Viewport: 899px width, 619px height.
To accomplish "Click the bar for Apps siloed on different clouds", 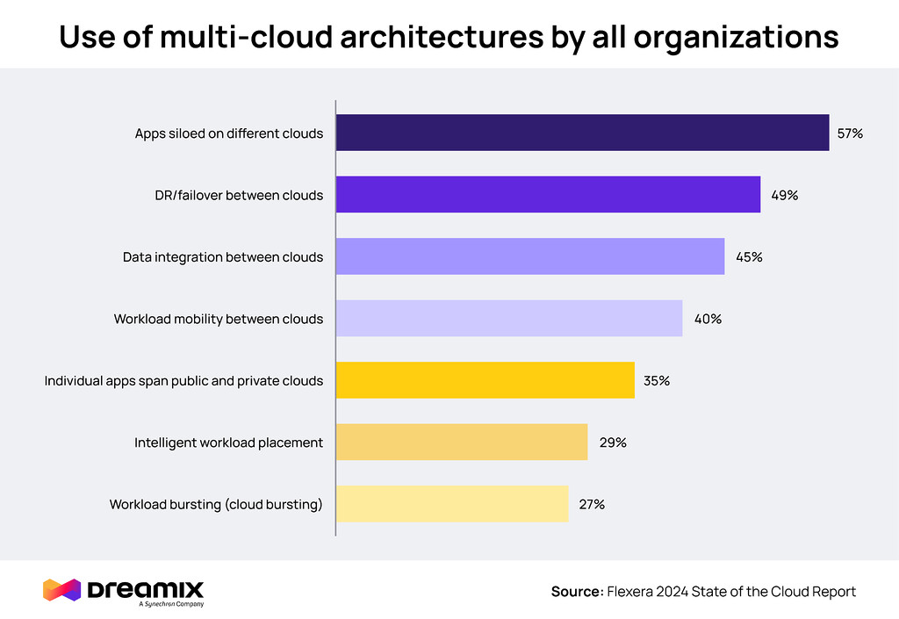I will click(x=582, y=133).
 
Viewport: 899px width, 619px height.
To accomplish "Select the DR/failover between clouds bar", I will click(x=548, y=195).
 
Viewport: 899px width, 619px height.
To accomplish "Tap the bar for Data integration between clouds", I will click(x=530, y=256).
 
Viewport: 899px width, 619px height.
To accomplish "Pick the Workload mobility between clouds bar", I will click(x=509, y=319).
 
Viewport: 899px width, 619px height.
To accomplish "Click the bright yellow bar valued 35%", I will click(x=485, y=380).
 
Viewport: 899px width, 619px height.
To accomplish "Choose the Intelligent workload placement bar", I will click(x=462, y=443).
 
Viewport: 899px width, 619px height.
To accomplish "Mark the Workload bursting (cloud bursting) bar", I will click(x=452, y=504).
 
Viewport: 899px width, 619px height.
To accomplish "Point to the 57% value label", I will click(x=851, y=133).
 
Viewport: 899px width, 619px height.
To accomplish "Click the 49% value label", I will click(x=784, y=195).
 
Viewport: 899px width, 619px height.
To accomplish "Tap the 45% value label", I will click(x=749, y=257).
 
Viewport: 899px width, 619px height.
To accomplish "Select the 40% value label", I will click(x=708, y=319).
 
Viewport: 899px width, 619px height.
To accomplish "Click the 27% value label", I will click(x=592, y=505).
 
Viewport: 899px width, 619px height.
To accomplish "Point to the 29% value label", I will click(x=613, y=443).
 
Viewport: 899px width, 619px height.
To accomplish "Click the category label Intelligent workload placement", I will click(x=228, y=443).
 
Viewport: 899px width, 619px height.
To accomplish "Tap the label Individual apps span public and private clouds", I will click(x=183, y=381).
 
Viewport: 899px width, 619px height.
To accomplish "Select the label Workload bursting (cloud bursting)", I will click(x=216, y=505).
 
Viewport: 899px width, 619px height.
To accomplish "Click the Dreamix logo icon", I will click(x=61, y=590).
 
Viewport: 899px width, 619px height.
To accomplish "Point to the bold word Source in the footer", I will click(x=575, y=592).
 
